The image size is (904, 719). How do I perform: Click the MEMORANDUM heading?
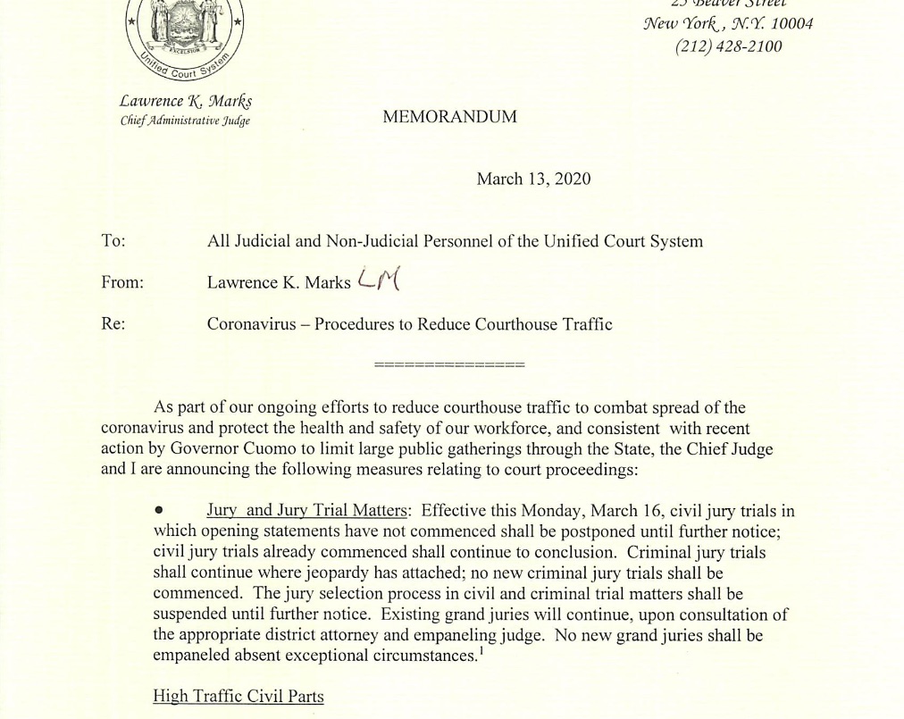(x=449, y=117)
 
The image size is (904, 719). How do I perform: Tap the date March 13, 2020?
(x=533, y=179)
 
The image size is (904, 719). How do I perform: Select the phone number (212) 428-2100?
(x=728, y=46)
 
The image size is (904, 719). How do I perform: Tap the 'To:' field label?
(x=113, y=241)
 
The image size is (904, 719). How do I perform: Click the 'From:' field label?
(x=122, y=282)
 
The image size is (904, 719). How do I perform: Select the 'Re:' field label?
(x=113, y=323)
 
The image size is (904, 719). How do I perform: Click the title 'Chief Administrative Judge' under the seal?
(x=185, y=121)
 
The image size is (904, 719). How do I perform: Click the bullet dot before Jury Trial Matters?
(x=159, y=512)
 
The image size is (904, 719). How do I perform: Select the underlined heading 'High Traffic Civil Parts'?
(x=239, y=696)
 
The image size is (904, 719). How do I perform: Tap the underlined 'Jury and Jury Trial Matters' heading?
(x=308, y=512)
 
